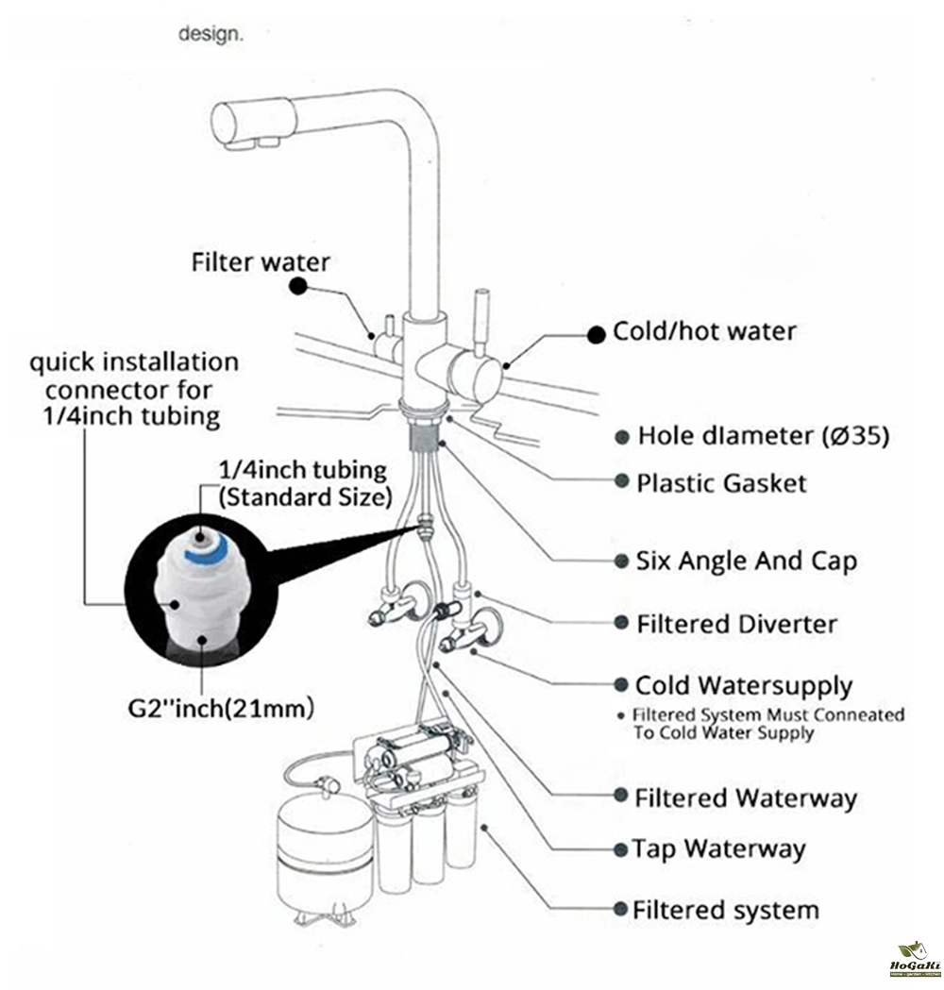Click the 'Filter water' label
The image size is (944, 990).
(x=261, y=261)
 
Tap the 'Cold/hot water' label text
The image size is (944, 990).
(x=704, y=332)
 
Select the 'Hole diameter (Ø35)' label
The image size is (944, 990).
(x=763, y=436)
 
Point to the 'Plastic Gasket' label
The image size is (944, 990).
(x=722, y=483)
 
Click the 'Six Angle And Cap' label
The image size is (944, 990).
(x=747, y=561)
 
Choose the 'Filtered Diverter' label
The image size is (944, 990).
(x=736, y=624)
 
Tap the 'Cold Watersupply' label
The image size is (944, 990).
(x=743, y=685)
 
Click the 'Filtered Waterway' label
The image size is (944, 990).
(x=746, y=798)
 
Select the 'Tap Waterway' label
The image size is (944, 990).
(x=719, y=848)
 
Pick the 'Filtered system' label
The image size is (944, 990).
(x=725, y=911)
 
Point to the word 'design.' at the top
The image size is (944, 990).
(x=211, y=35)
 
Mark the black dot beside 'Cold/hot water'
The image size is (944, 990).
(x=596, y=333)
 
